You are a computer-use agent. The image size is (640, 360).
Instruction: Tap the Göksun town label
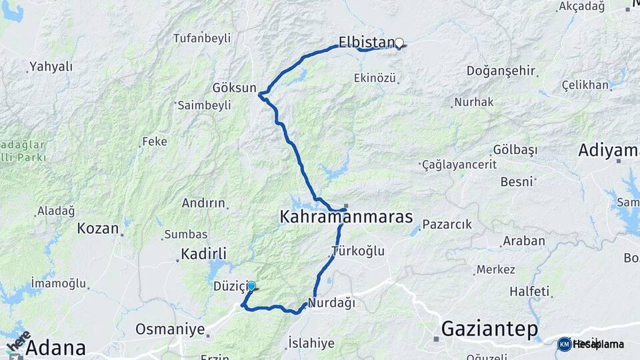click(234, 88)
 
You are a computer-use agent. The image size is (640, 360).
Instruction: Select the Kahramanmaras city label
click(346, 217)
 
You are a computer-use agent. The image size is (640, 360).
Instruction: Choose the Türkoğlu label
click(358, 251)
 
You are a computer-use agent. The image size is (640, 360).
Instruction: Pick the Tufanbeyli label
click(202, 38)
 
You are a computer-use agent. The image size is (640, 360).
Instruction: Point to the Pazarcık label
click(447, 225)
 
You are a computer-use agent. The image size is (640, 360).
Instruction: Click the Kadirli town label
click(204, 254)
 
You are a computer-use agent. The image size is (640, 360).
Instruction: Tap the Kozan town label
click(97, 228)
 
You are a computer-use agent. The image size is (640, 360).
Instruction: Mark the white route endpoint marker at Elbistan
click(399, 43)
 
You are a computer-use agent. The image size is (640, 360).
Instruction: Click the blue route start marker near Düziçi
click(251, 286)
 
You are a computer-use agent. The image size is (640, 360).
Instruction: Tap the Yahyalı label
click(51, 67)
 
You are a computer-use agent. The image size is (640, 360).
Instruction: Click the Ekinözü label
click(375, 78)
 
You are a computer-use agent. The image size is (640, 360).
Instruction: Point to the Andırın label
click(205, 203)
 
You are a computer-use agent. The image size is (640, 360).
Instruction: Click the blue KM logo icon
click(564, 344)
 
